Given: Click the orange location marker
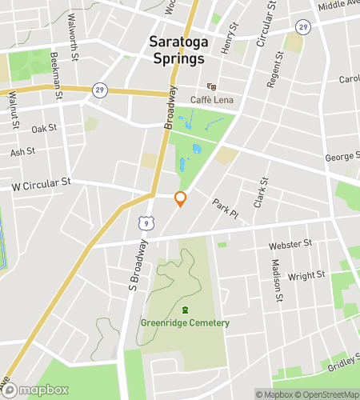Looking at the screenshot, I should coord(181,199).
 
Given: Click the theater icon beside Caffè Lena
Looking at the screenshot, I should coord(211,86).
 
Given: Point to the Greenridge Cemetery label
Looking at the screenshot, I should coord(185,323).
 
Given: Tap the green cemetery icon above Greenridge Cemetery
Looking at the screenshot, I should coord(185,310).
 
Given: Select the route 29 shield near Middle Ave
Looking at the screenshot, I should coord(302,27).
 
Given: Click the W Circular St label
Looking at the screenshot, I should coord(42,184).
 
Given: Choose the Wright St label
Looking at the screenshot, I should coord(306,275).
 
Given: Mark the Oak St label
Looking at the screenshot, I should coord(45,128).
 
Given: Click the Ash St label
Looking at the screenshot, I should coord(23,151).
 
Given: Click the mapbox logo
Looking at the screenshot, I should coord(36,390).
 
